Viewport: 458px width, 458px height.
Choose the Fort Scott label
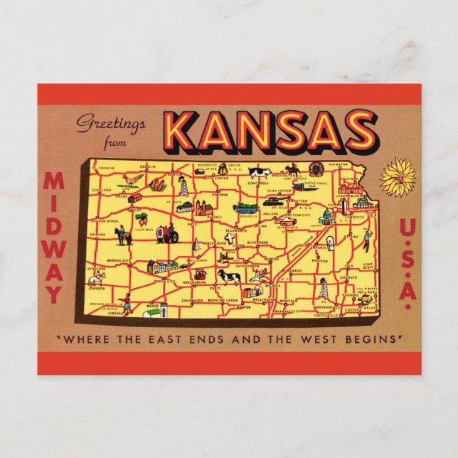(368, 267)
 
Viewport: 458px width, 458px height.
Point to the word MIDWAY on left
(54, 238)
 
